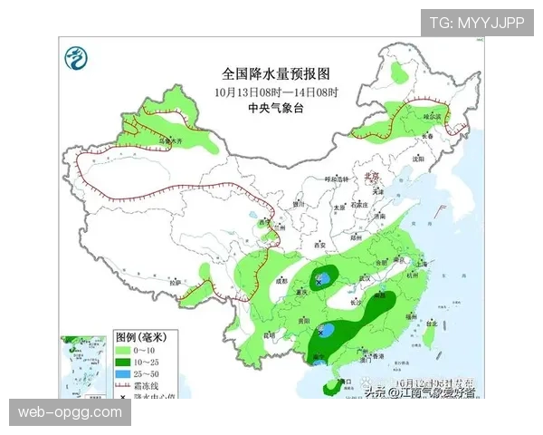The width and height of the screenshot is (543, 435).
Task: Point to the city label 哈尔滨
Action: [433, 117]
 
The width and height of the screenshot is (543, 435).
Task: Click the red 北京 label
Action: [370, 177]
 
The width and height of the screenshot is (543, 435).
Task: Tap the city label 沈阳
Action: [417, 159]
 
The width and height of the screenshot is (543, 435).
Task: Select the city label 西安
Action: [318, 245]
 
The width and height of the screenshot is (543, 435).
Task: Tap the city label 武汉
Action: [366, 277]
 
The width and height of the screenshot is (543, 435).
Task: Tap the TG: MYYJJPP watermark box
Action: [476, 22]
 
